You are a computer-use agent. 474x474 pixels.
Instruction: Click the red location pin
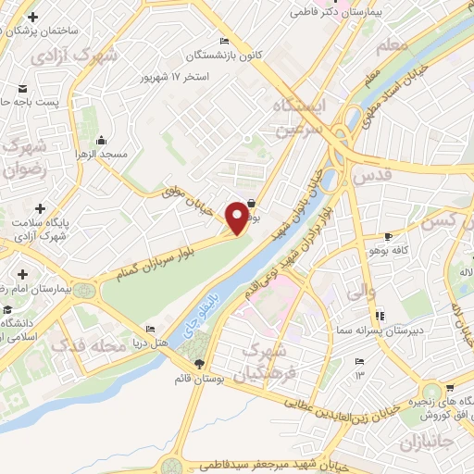pyautogui.click(x=237, y=217)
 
